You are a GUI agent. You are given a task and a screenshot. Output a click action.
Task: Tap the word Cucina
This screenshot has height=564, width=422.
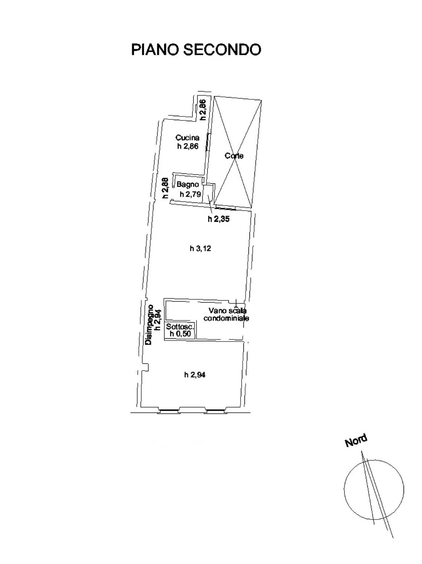187,138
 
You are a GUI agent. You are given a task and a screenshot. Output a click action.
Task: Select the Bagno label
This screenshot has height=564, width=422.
188,184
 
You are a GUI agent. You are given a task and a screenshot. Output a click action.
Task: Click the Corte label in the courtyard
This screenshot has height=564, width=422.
234,155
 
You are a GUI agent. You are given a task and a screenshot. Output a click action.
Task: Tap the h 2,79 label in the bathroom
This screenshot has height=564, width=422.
190,194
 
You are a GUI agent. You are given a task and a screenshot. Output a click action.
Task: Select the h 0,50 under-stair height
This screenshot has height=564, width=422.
180,334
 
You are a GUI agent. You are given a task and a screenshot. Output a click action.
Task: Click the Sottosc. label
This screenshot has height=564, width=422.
180,327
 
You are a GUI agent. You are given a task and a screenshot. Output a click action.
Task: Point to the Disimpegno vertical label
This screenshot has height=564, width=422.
149,325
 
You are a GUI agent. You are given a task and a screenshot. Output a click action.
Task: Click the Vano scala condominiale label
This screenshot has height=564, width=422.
226,314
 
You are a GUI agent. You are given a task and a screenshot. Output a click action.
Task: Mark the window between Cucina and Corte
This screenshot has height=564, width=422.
208,143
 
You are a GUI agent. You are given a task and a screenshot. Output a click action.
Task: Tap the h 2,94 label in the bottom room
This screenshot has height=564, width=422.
195,375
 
